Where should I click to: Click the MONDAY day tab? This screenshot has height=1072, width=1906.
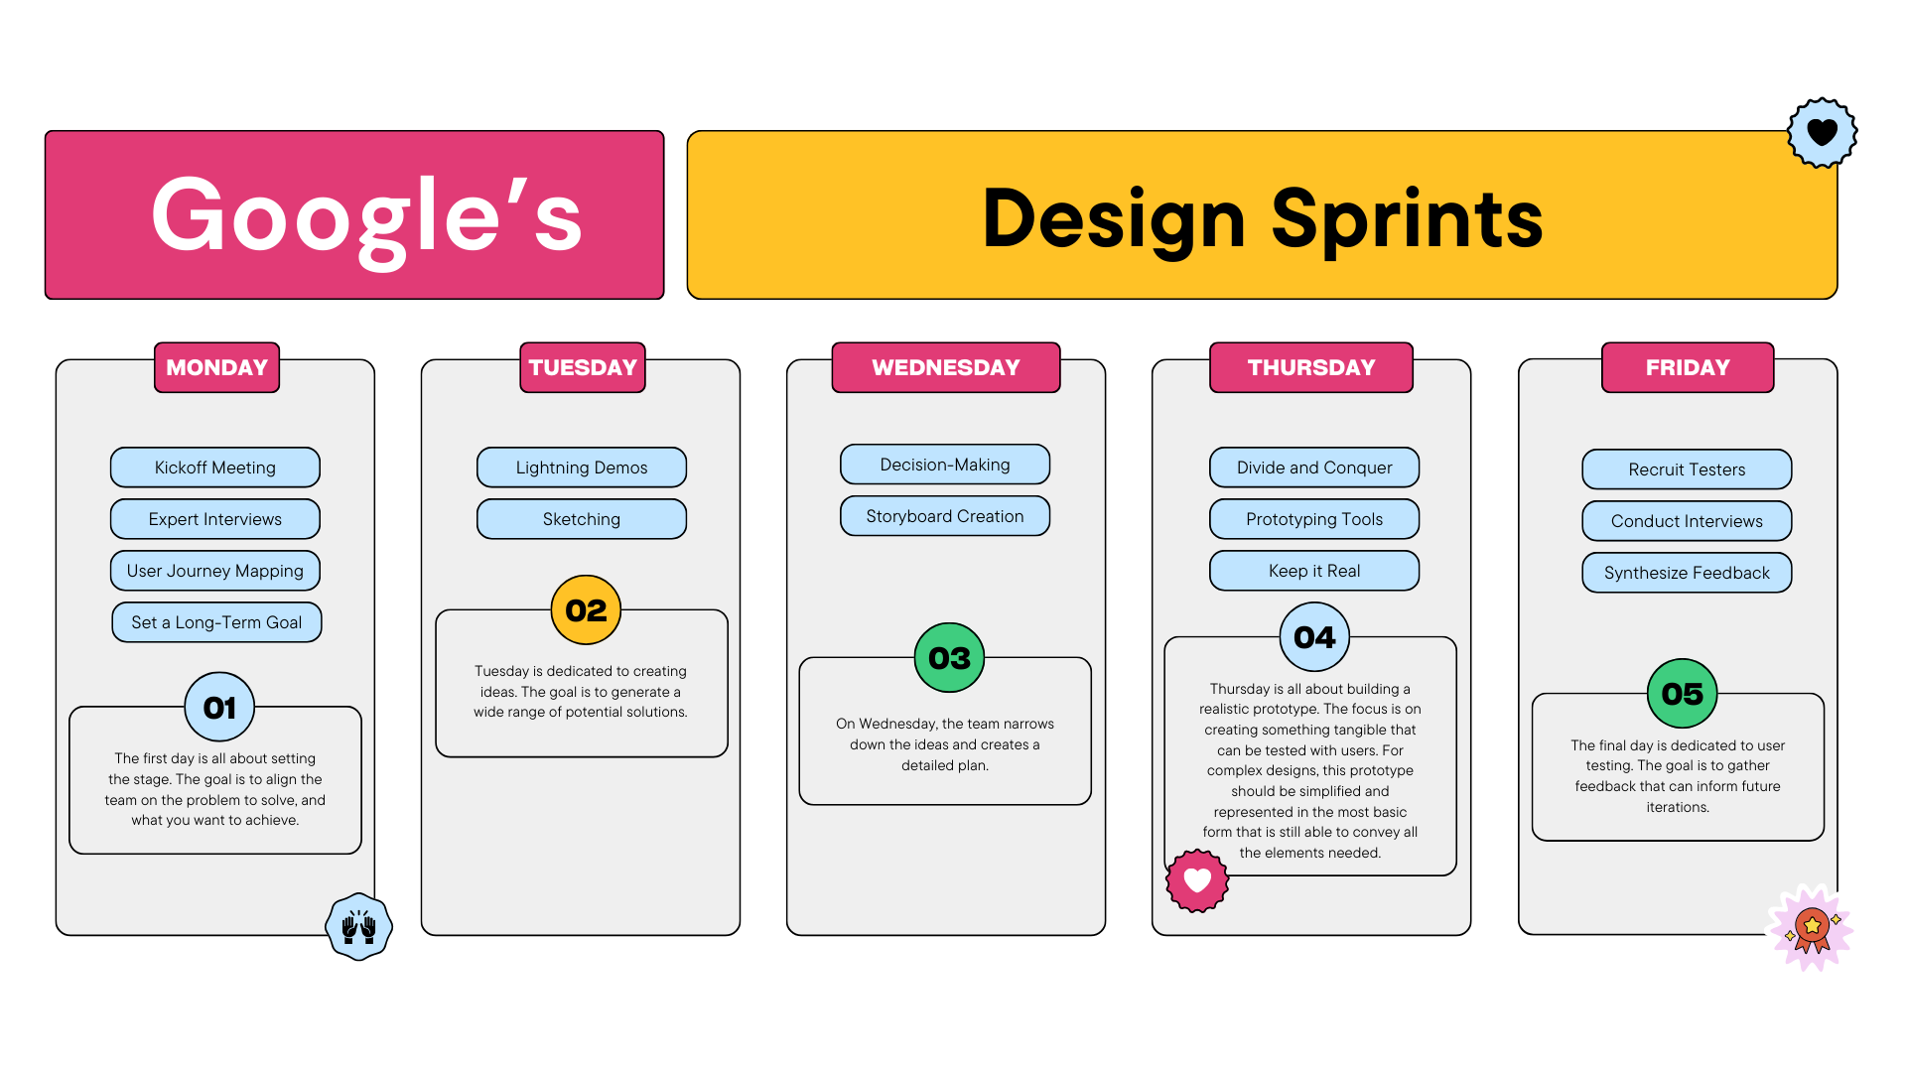pos(216,367)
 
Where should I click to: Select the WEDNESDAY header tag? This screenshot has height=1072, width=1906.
pos(945,367)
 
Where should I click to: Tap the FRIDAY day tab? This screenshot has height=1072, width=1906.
pos(1687,367)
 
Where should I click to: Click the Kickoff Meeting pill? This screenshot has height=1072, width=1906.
pos(214,468)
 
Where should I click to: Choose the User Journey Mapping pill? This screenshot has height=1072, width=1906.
pos(214,571)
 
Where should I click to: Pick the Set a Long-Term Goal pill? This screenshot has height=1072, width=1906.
pos(216,622)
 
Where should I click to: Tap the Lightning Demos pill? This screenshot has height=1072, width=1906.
pos(581,468)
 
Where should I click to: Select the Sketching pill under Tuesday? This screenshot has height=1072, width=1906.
pos(581,519)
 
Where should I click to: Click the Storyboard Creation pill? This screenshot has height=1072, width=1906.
pos(944,516)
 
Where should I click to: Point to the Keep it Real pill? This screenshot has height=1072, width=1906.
pos(1313,571)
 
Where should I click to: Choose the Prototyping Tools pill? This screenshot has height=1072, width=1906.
pos(1313,519)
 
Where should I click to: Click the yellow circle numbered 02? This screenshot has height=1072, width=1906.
pos(586,610)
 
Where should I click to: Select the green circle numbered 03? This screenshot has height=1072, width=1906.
pos(949,658)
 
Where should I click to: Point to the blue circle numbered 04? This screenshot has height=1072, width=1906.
pos(1314,637)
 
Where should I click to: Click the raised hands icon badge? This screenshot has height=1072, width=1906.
pos(358,927)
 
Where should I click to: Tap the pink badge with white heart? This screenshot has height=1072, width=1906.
pos(1197,880)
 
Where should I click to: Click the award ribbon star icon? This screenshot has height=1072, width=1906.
pos(1812,928)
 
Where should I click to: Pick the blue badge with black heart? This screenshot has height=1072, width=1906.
pos(1822,132)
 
